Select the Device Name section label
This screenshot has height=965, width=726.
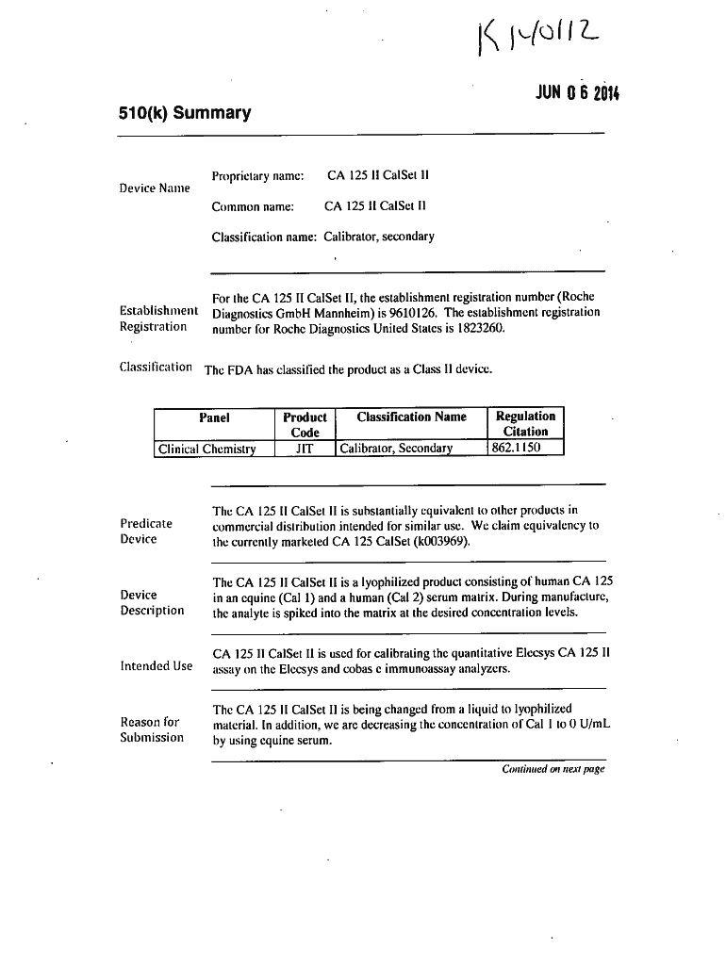tap(155, 188)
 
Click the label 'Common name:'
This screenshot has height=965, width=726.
tap(253, 205)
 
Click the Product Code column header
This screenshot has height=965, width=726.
tap(305, 424)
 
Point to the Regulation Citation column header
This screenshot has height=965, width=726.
tap(525, 424)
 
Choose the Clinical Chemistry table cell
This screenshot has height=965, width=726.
tap(207, 449)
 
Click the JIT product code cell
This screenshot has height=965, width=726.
tap(304, 449)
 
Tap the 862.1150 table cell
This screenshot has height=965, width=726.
tap(515, 448)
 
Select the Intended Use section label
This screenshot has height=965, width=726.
tap(157, 666)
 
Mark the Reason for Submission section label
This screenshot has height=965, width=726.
tap(152, 729)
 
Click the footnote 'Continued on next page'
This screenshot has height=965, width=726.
tap(553, 769)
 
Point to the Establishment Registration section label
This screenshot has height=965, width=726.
tap(158, 319)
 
